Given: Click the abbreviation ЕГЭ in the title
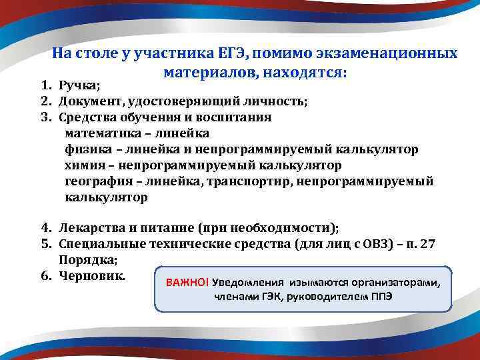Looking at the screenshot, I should click(231, 53).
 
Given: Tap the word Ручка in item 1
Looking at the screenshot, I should click(77, 85).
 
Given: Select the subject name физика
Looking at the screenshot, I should click(86, 149).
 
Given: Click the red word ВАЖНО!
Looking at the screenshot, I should click(187, 282).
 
